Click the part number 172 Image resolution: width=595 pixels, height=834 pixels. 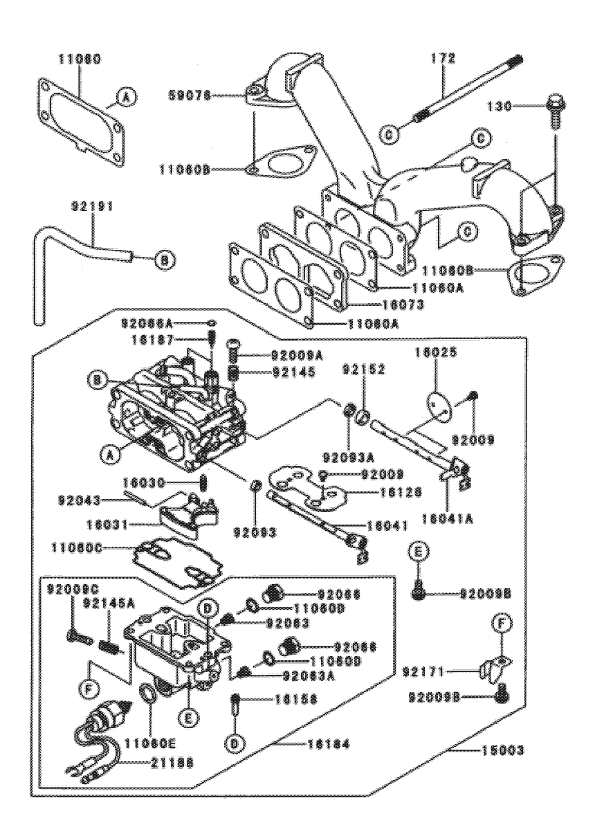click(x=443, y=60)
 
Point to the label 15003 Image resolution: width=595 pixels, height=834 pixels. click(x=486, y=750)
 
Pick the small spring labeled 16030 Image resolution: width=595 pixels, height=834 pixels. click(x=205, y=482)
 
